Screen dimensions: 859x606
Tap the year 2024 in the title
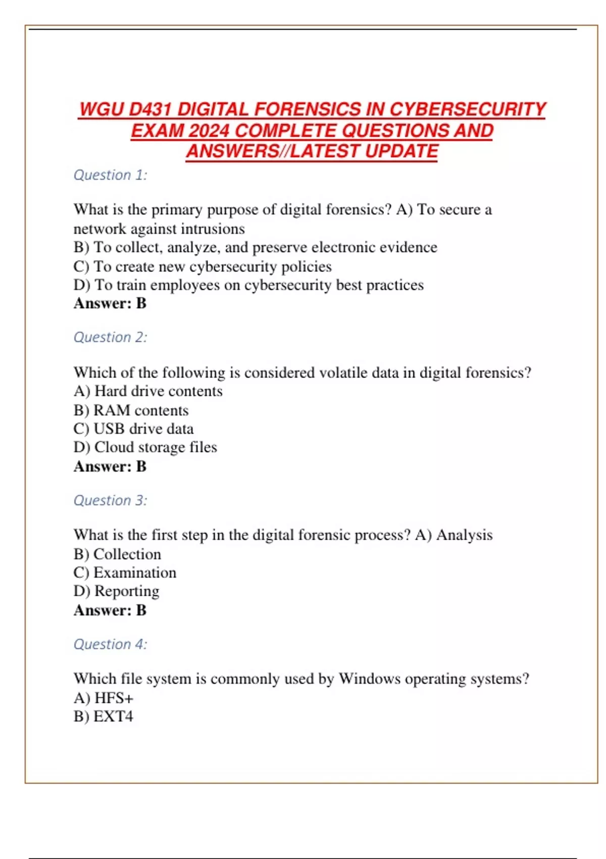click(x=209, y=130)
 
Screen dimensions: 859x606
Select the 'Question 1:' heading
click(x=110, y=175)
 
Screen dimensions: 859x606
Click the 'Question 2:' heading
click(x=110, y=337)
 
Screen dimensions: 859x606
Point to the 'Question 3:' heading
click(x=110, y=500)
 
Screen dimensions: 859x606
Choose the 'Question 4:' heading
click(x=110, y=644)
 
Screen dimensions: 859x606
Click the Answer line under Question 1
click(x=110, y=303)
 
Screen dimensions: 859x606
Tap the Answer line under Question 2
click(x=110, y=466)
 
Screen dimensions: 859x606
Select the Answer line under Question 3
click(x=110, y=610)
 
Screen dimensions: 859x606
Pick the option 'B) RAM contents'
click(x=131, y=410)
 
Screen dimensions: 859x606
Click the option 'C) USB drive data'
click(x=133, y=428)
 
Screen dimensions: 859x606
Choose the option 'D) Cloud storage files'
click(x=145, y=447)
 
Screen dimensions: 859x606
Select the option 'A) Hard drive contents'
click(x=148, y=391)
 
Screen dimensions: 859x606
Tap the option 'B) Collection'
click(x=117, y=554)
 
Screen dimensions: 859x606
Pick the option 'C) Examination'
click(x=125, y=572)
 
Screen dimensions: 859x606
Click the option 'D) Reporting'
click(x=116, y=591)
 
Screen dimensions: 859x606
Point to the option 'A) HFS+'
click(x=104, y=698)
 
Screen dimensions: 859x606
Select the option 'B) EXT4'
click(x=104, y=717)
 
